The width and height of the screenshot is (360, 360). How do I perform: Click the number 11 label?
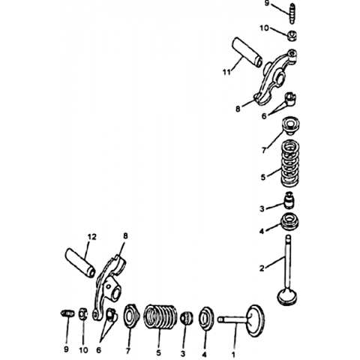[x=226, y=72]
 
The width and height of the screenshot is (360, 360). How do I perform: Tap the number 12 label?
[x=91, y=237]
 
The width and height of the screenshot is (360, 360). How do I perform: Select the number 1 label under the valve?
[x=233, y=354]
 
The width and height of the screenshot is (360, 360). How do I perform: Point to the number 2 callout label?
[x=262, y=268]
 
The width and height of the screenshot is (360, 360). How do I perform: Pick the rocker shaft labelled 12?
[x=80, y=262]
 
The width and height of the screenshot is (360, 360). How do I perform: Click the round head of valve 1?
[x=256, y=321]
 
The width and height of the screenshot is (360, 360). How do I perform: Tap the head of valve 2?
[x=287, y=296]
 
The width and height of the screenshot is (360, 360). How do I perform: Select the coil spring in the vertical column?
[x=291, y=164]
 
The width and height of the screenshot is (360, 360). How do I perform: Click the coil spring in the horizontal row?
[x=160, y=316]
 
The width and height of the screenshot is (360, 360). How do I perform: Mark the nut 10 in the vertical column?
[x=292, y=35]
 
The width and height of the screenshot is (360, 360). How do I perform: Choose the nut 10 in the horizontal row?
[x=83, y=314]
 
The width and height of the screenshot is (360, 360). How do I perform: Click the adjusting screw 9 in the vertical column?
[x=292, y=13]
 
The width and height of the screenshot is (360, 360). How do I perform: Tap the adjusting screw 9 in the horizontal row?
[x=67, y=313]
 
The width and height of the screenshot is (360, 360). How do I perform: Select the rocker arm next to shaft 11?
[x=276, y=77]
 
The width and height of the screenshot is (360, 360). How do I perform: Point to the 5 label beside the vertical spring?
[x=263, y=177]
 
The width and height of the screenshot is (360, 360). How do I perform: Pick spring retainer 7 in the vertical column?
[x=291, y=126]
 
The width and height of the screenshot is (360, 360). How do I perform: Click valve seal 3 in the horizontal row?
[x=187, y=317]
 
